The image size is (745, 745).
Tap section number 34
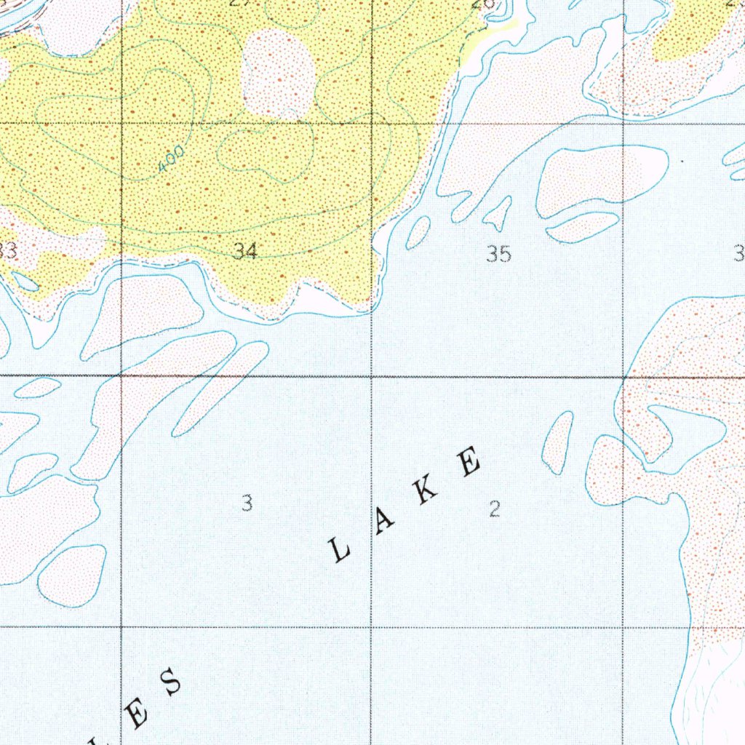point(245,252)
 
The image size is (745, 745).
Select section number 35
point(498,254)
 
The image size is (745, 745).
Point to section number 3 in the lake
point(247,503)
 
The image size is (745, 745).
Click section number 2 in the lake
point(495,509)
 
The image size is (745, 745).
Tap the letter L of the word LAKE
point(340,550)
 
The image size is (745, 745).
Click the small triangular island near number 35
point(499,213)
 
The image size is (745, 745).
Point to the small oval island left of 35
point(418,232)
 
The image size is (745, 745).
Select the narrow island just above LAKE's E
point(558,442)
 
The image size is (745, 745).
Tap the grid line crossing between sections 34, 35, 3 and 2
point(372,377)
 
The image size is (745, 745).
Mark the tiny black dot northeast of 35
point(682,161)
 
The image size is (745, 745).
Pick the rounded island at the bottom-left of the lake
point(72,575)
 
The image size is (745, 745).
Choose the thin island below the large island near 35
point(582,227)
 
